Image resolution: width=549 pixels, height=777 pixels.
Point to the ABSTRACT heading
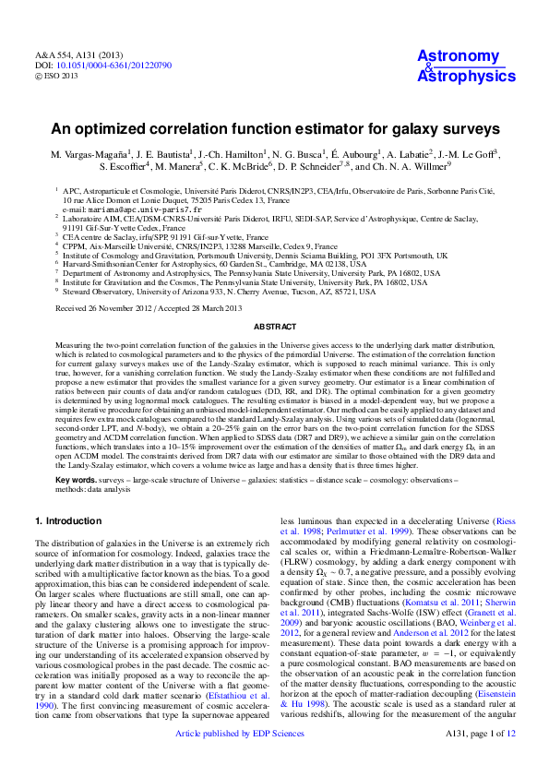pyautogui.click(x=274, y=327)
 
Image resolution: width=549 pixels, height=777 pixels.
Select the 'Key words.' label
pyautogui.click(x=77, y=481)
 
